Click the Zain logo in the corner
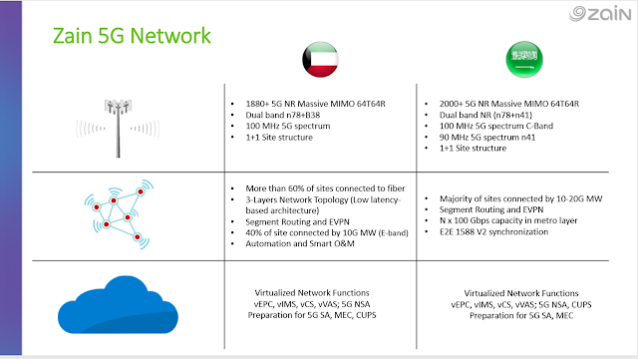pyautogui.click(x=600, y=13)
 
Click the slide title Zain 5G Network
pyautogui.click(x=132, y=36)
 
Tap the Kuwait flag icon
pyautogui.click(x=321, y=60)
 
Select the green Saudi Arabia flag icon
pyautogui.click(x=524, y=60)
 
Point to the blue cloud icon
pyautogui.click(x=118, y=305)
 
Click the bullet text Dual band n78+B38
pyautogui.click(x=283, y=115)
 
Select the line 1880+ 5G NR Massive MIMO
pyautogui.click(x=315, y=104)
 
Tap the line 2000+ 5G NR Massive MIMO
pyautogui.click(x=509, y=104)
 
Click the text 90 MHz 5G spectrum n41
pyautogui.click(x=487, y=138)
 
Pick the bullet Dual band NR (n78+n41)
pyautogui.click(x=485, y=115)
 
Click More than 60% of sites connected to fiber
pyautogui.click(x=325, y=188)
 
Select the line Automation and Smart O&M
pyautogui.click(x=300, y=243)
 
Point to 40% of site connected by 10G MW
pyautogui.click(x=327, y=232)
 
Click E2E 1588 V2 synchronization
pyautogui.click(x=494, y=231)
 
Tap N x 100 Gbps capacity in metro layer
pyautogui.click(x=508, y=220)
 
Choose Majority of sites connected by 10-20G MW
pyautogui.click(x=520, y=198)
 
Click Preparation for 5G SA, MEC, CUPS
pyautogui.click(x=312, y=315)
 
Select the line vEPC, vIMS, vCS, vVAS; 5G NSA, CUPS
pyautogui.click(x=521, y=304)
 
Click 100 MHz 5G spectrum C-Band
pyautogui.click(x=496, y=126)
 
